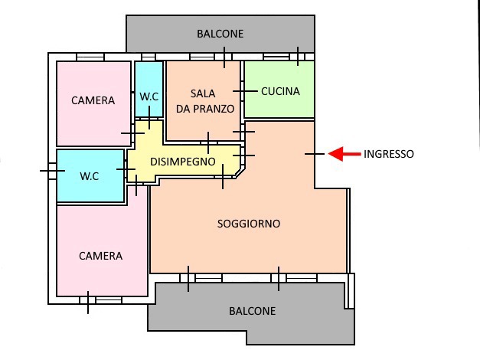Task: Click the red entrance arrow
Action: (x=344, y=154)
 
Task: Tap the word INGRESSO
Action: (x=388, y=154)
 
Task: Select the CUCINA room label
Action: (x=280, y=91)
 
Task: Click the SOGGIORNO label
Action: (x=249, y=224)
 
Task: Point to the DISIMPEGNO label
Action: (x=183, y=162)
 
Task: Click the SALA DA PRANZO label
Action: (x=205, y=101)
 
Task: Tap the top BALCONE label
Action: (x=220, y=34)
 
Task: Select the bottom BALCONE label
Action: (x=252, y=311)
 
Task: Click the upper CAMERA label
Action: (x=93, y=100)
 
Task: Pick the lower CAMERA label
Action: (x=101, y=256)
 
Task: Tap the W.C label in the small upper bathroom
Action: (x=149, y=97)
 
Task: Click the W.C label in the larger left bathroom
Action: (x=90, y=176)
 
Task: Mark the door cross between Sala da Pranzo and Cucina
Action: (x=245, y=91)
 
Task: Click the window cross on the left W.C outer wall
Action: (x=52, y=171)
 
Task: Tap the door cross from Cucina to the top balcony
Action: (x=298, y=57)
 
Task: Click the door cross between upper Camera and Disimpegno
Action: (x=132, y=133)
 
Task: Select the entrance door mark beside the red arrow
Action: (x=315, y=154)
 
